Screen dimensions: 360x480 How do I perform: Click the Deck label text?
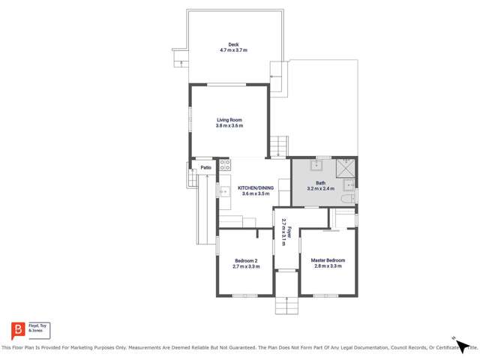coord(233,43)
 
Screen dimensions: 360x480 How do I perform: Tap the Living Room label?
coord(229,120)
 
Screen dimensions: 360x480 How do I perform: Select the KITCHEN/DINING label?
coord(256,187)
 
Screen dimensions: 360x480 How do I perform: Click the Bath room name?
coord(320,183)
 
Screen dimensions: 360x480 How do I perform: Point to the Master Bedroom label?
coord(328,260)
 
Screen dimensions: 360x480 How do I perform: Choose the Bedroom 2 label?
coord(246,260)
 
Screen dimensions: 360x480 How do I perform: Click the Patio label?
coord(205,167)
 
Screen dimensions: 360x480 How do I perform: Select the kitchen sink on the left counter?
coord(223,192)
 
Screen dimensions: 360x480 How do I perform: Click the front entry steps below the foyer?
coord(286,306)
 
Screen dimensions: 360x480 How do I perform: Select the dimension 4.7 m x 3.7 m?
coord(233,50)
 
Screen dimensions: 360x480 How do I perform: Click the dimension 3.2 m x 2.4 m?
coord(320,189)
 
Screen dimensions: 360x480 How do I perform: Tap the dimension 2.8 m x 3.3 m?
coord(328,266)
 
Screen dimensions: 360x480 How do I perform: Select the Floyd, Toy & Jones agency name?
coord(37,328)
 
